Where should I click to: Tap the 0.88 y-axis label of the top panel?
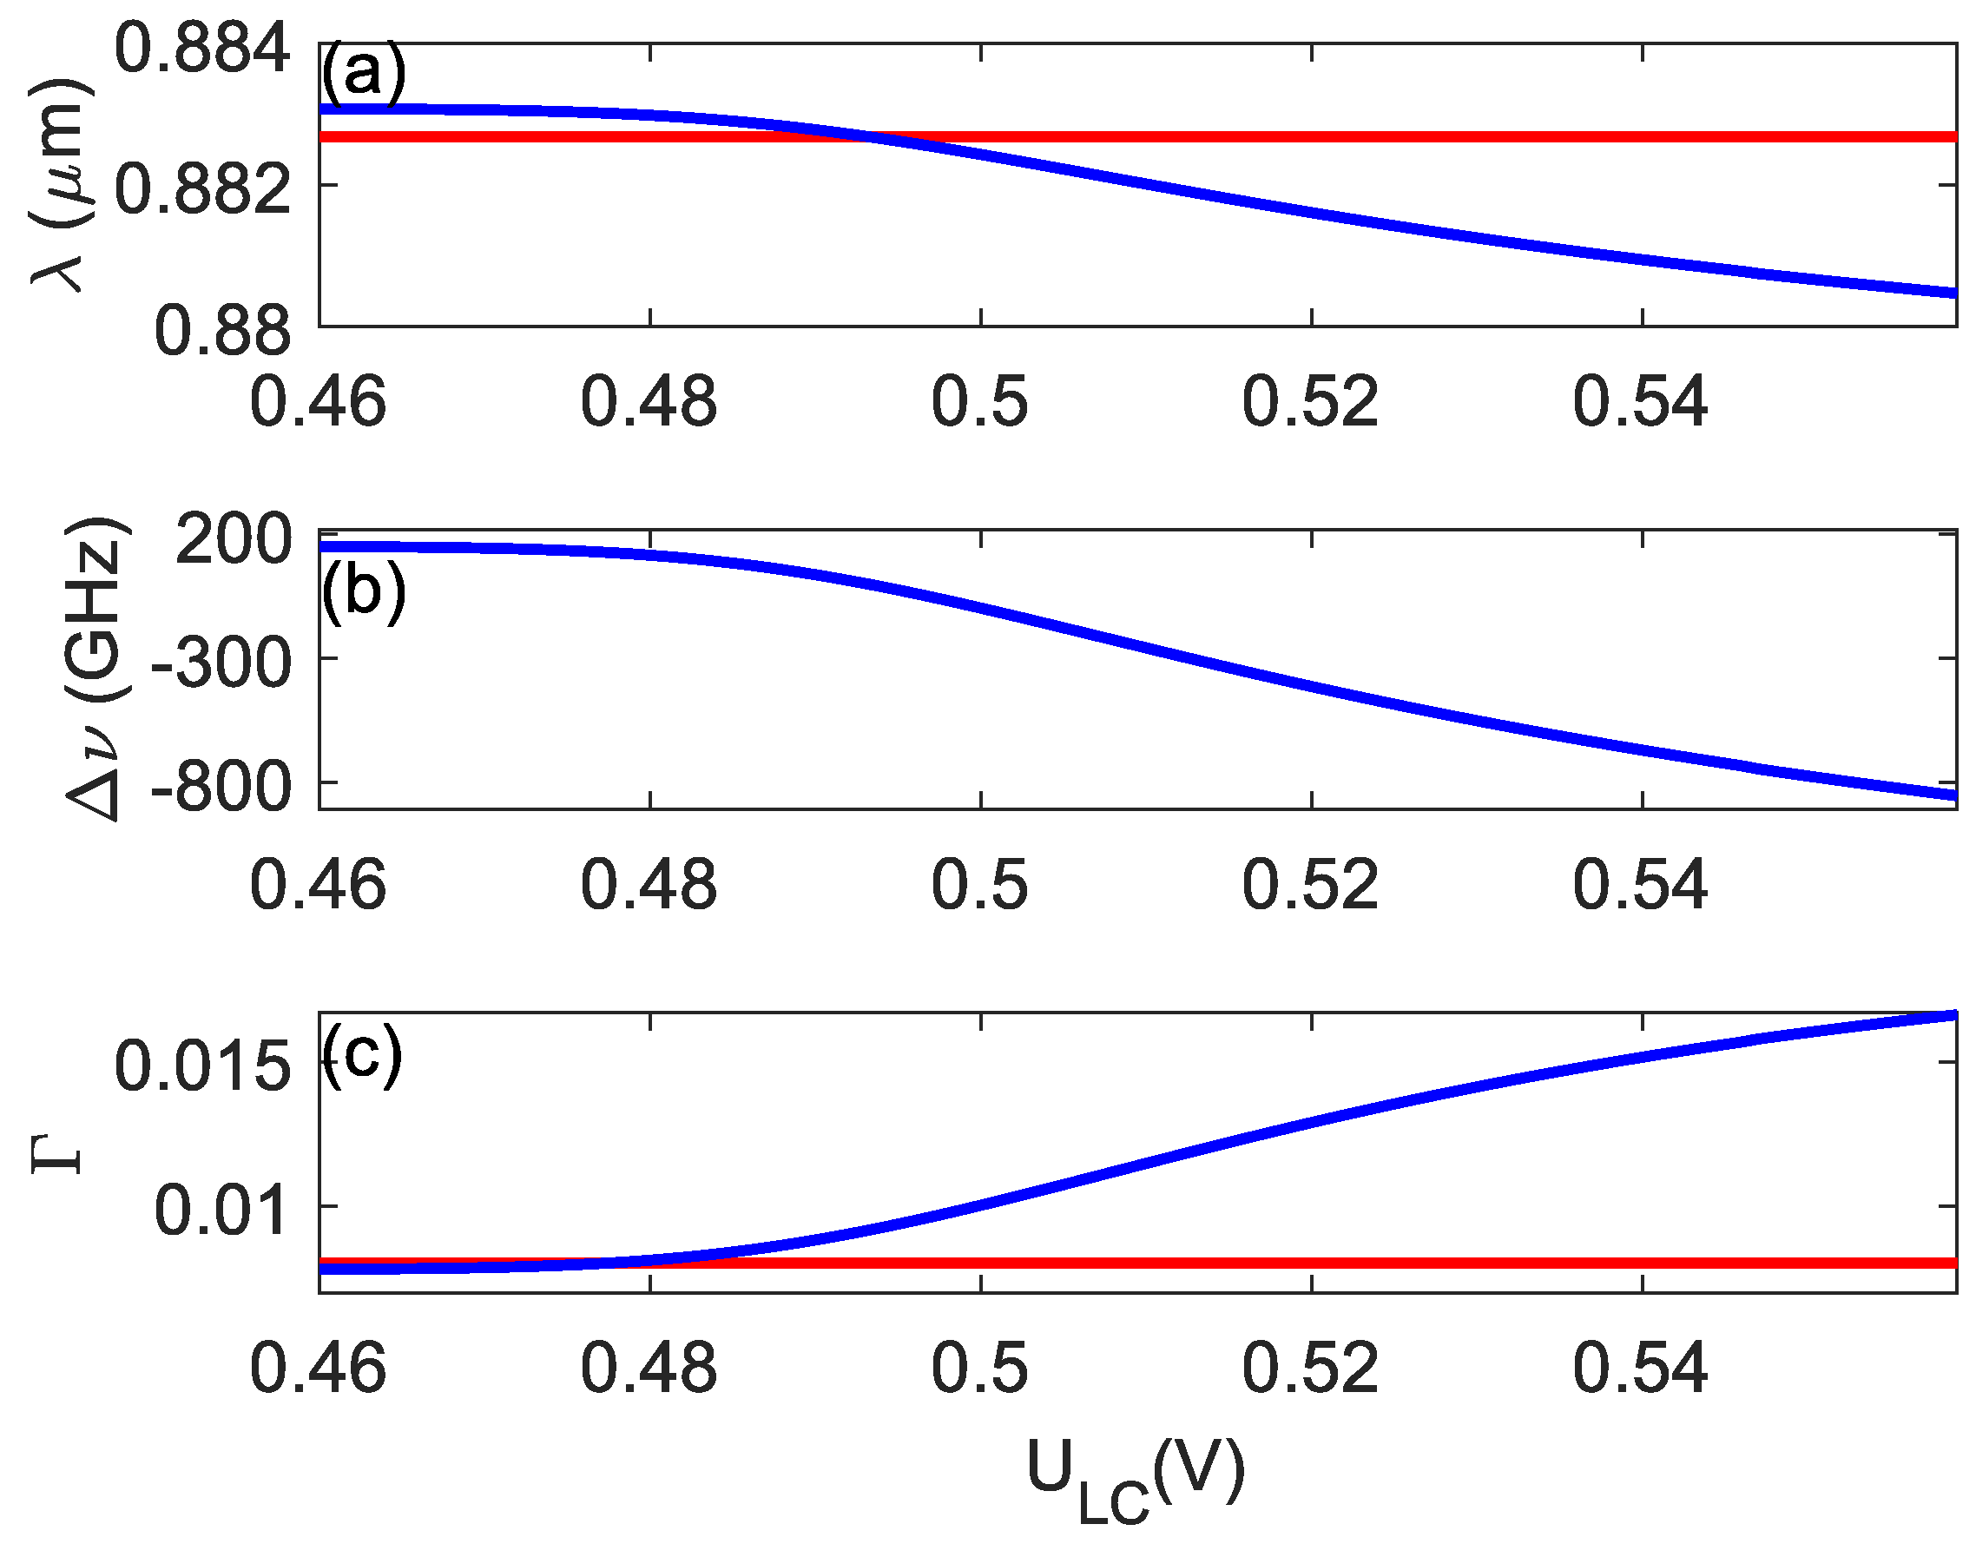click(222, 331)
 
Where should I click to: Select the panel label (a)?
click(363, 72)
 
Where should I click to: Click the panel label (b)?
click(363, 592)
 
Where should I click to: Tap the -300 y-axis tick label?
click(221, 663)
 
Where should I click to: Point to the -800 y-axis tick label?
click(221, 788)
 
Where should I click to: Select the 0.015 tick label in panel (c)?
click(201, 1066)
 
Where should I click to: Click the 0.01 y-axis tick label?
click(221, 1210)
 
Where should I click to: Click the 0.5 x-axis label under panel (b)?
click(980, 884)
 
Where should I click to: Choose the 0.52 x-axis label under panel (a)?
click(1310, 401)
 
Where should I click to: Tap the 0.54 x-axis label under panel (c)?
click(1640, 1368)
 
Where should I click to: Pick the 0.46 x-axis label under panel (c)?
click(318, 1368)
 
